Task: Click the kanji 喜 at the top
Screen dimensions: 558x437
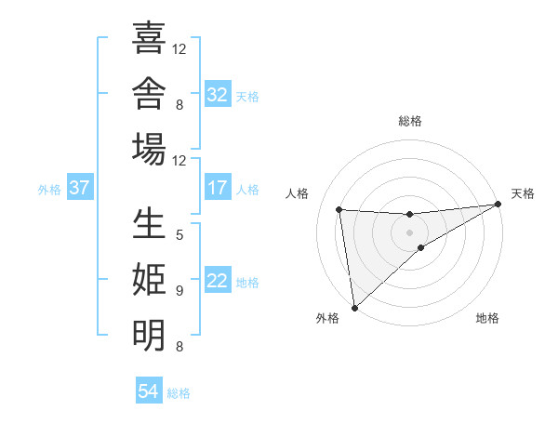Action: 149,37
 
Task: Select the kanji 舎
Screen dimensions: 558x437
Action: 149,93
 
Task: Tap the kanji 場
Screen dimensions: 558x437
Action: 149,149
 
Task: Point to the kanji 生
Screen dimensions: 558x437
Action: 149,223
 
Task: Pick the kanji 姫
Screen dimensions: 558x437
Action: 149,279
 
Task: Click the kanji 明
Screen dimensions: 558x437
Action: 149,336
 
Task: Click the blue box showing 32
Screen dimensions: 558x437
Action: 218,94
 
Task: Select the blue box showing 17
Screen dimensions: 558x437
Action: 218,187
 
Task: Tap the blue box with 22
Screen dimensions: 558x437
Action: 218,279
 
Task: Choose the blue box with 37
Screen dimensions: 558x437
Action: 80,187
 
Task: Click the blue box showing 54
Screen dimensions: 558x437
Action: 149,390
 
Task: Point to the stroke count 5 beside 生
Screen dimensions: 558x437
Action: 179,235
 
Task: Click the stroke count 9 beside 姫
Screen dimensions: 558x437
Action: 179,291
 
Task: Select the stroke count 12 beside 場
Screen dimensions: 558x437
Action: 179,161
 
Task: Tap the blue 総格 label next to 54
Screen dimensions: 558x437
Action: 179,393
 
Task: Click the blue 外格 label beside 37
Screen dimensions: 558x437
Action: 49,190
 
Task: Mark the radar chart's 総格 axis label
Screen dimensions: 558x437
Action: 410,121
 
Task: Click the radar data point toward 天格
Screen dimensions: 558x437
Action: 498,204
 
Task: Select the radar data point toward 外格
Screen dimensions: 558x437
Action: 354,308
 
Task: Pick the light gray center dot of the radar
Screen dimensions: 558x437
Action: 409,232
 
